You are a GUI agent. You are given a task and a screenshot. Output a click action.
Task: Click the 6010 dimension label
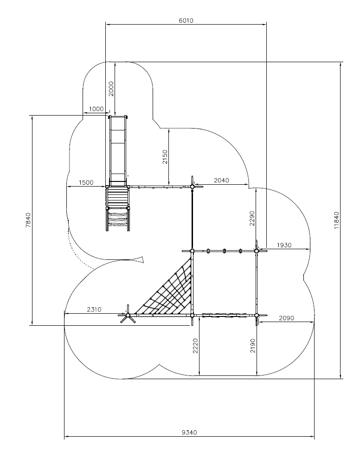tap(186, 20)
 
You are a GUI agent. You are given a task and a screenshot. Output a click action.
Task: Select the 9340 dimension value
tap(189, 433)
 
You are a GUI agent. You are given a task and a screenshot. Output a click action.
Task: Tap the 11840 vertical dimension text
tap(336, 220)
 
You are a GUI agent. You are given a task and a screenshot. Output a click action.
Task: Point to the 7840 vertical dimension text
tap(28, 220)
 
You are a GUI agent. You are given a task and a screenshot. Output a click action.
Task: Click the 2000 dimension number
tap(111, 89)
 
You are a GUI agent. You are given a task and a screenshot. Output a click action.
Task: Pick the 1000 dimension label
tap(96, 109)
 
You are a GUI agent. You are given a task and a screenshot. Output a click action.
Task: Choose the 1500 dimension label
tap(86, 182)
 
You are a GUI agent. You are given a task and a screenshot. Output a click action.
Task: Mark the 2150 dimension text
tap(165, 157)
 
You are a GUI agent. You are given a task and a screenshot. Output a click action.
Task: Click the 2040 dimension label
tap(221, 181)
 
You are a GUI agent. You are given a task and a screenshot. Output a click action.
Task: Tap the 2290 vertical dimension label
tap(252, 218)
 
